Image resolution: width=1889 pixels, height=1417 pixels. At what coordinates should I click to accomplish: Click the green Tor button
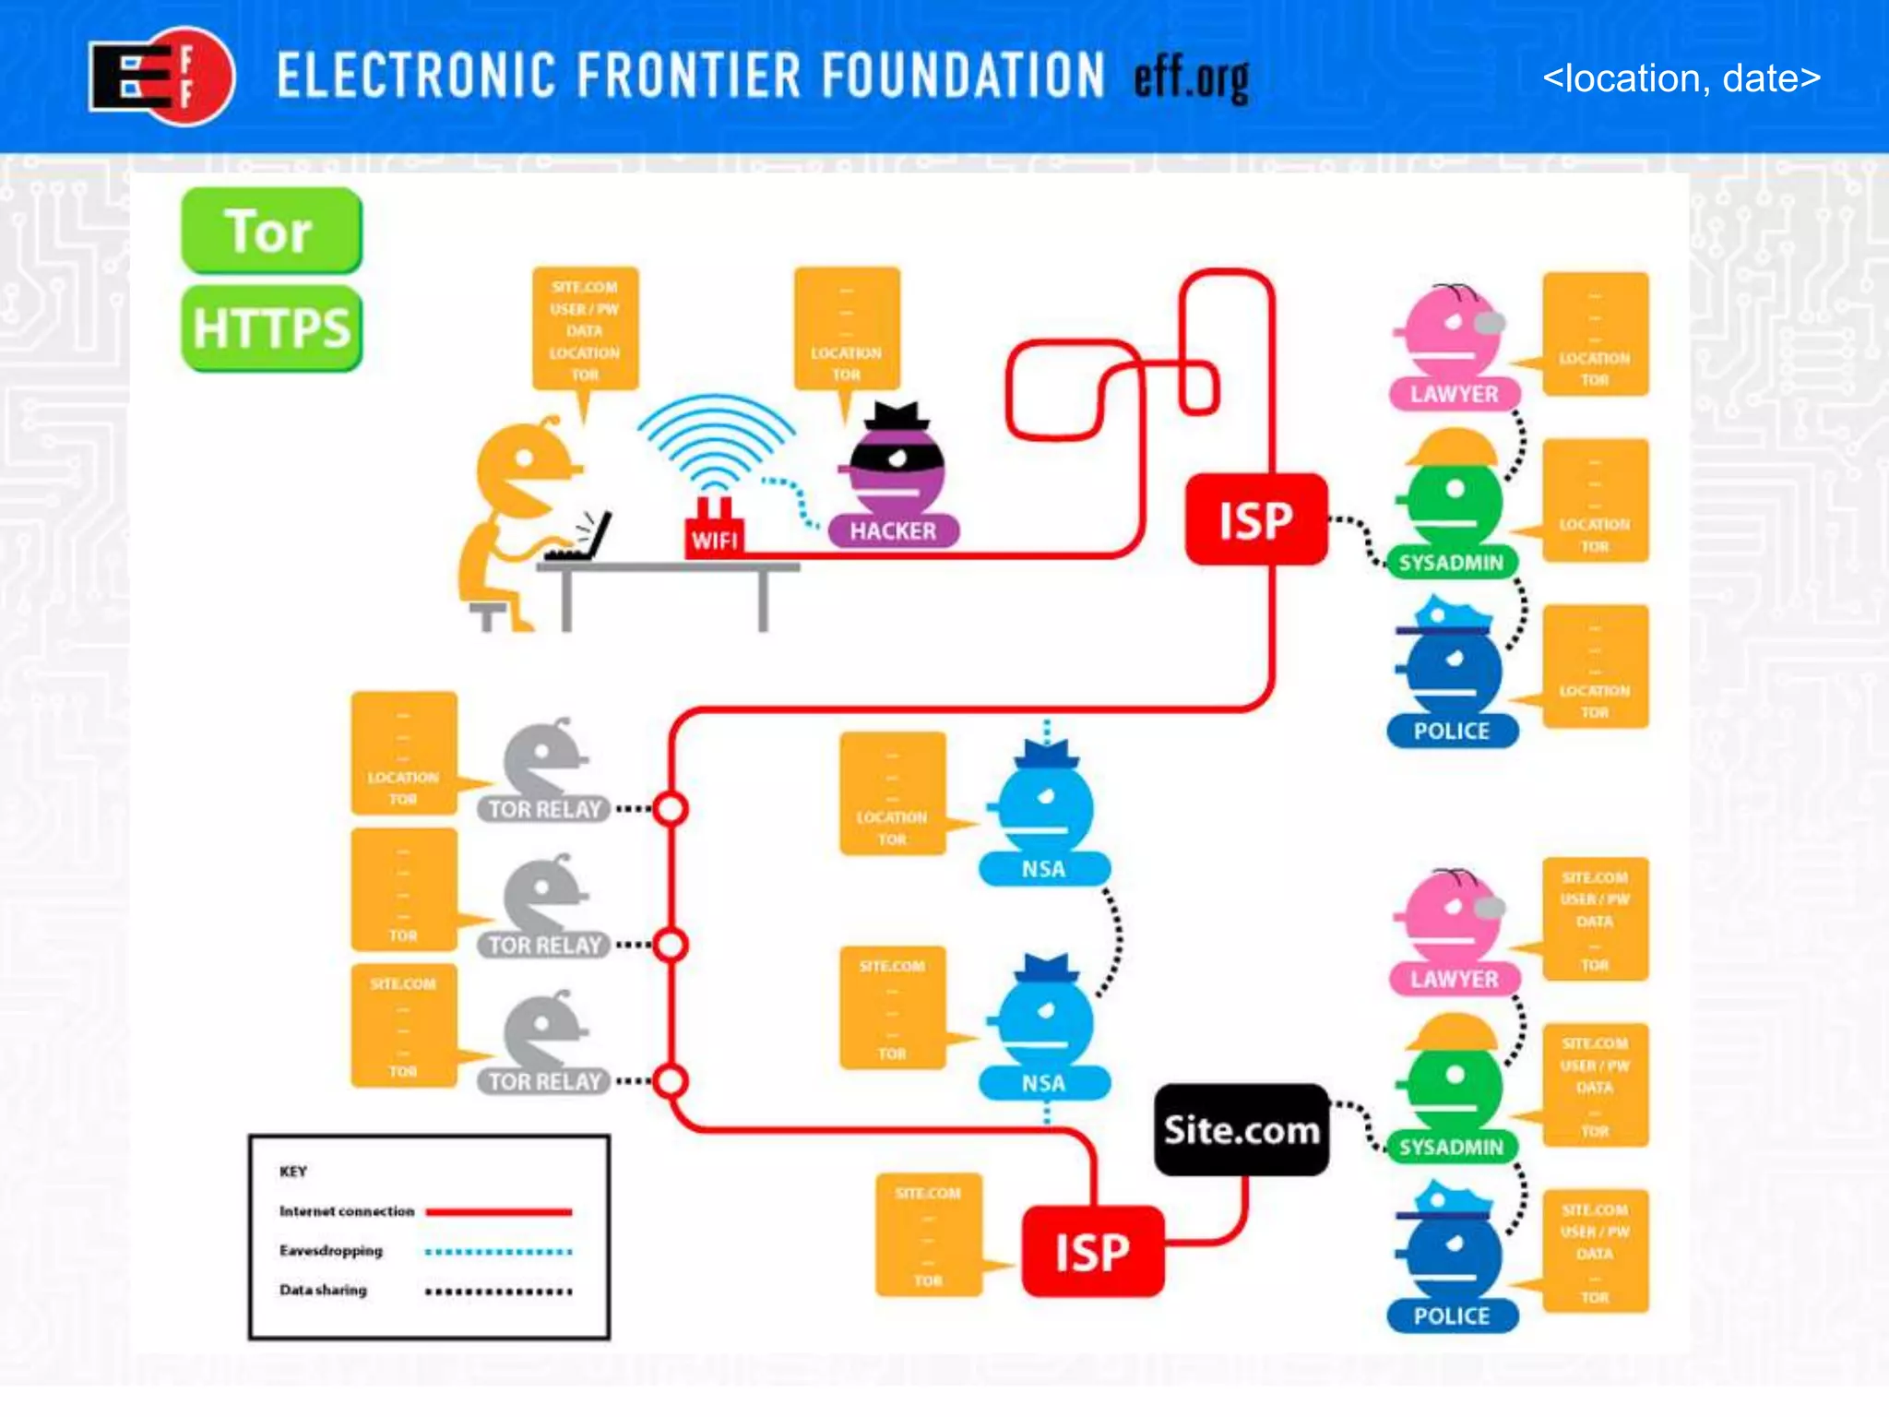(271, 231)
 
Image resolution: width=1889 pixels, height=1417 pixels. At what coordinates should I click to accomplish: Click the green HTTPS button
(271, 328)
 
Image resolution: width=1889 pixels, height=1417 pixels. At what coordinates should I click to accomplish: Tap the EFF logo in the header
(161, 77)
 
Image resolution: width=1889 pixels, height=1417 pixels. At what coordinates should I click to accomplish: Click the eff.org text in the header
(1192, 79)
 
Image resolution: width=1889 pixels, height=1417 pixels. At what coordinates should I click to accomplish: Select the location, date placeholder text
(1681, 78)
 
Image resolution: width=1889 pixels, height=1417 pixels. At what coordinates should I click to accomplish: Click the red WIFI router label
(714, 539)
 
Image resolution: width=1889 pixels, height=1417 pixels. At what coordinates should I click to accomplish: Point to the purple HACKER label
(893, 530)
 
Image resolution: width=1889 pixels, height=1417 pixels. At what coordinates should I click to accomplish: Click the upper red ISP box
(1255, 520)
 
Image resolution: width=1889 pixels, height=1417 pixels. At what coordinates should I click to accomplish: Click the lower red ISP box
(1092, 1252)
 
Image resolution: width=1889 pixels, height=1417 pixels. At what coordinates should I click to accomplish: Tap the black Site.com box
(1242, 1130)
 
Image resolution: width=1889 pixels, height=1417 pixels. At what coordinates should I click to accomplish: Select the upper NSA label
(1043, 869)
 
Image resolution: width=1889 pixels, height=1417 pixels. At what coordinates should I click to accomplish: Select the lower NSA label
(1043, 1083)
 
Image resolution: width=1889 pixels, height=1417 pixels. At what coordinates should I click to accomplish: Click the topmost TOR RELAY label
(544, 809)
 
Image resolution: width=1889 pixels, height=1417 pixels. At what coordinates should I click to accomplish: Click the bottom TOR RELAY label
(544, 1081)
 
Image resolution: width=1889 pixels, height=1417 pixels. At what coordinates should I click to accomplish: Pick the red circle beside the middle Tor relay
(671, 945)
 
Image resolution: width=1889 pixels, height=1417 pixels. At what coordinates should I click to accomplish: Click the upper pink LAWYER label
(1454, 394)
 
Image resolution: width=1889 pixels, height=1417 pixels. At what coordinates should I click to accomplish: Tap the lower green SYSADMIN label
(1451, 1147)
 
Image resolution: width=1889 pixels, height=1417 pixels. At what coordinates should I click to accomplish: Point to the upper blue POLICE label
(1452, 731)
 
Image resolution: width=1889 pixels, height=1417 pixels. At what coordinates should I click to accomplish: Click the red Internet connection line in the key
(498, 1211)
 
